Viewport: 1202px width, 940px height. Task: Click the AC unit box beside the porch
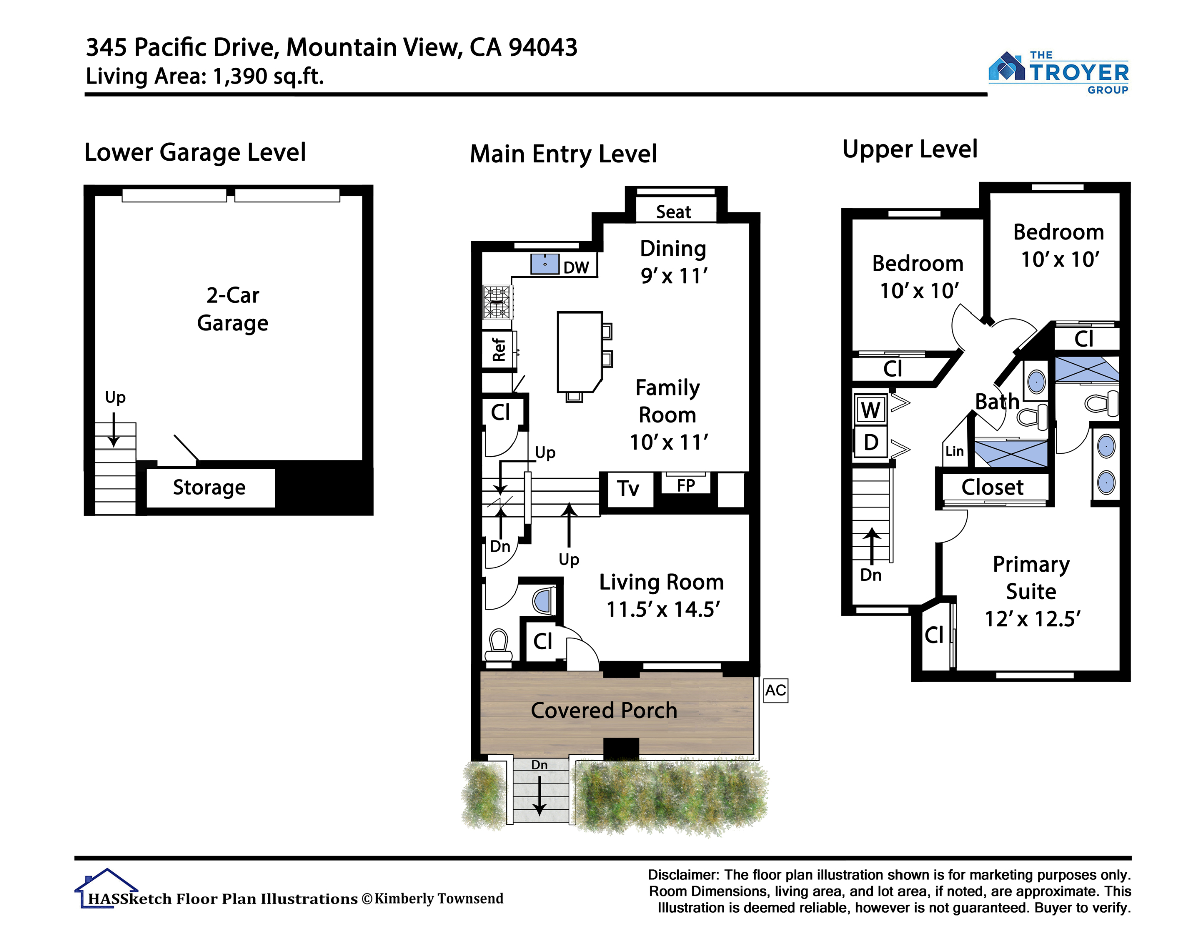pyautogui.click(x=775, y=690)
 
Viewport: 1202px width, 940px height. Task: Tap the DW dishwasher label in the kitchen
pyautogui.click(x=576, y=267)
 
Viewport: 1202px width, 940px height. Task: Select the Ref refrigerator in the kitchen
pyautogui.click(x=499, y=349)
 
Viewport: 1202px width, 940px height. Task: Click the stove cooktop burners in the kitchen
pyautogui.click(x=497, y=302)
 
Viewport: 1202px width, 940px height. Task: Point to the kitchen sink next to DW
pyautogui.click(x=545, y=264)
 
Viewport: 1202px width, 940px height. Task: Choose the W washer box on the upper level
pyautogui.click(x=870, y=410)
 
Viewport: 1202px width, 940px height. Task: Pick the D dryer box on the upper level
pyautogui.click(x=870, y=442)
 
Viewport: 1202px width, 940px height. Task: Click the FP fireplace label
pyautogui.click(x=685, y=485)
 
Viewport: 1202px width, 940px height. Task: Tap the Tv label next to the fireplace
pyautogui.click(x=628, y=488)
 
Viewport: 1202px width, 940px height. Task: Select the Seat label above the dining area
pyautogui.click(x=673, y=212)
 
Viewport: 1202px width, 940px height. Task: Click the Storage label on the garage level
pyautogui.click(x=209, y=488)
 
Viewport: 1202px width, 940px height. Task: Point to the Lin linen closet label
pyautogui.click(x=954, y=451)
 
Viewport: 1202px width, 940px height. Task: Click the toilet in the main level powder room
pyautogui.click(x=499, y=645)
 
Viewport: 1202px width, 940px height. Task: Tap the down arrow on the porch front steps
pyautogui.click(x=539, y=796)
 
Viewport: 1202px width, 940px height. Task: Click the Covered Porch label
pyautogui.click(x=604, y=710)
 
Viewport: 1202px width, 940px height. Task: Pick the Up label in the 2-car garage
pyautogui.click(x=115, y=397)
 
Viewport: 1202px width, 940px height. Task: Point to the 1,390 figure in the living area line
pyautogui.click(x=241, y=76)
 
